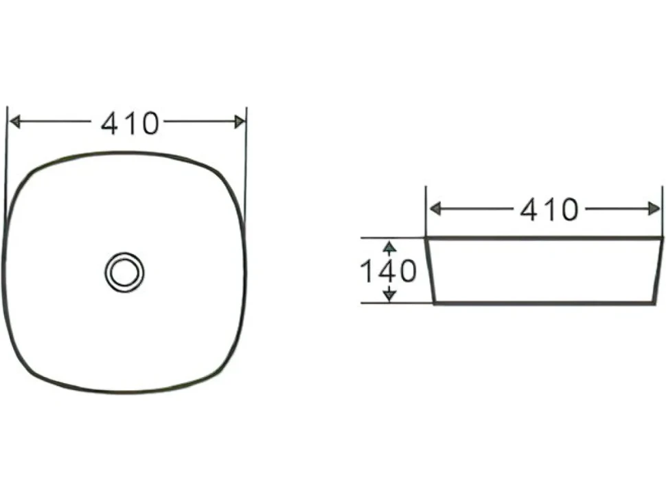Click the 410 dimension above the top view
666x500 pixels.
[x=130, y=124]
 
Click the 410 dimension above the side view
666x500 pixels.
[x=549, y=210]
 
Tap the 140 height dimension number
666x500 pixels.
[x=388, y=271]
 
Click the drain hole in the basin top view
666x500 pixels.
[x=124, y=272]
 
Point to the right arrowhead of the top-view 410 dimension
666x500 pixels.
[x=240, y=122]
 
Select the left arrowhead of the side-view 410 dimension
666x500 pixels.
[x=435, y=209]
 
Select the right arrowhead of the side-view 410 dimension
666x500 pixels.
[x=654, y=209]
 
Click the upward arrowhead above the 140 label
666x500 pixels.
[x=390, y=247]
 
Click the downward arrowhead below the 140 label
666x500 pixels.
[x=389, y=295]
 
